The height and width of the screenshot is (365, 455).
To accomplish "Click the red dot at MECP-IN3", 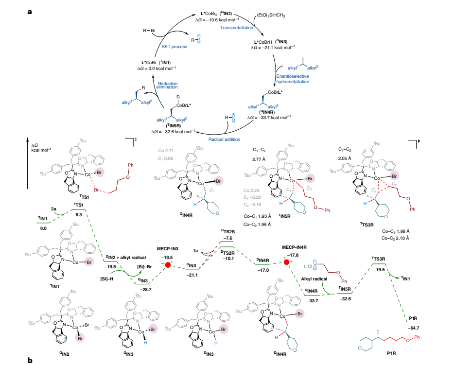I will pyautogui.click(x=168, y=265).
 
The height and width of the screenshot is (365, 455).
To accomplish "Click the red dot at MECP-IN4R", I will pyautogui.click(x=287, y=262).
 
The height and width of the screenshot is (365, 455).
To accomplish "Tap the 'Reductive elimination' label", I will pyautogui.click(x=168, y=86).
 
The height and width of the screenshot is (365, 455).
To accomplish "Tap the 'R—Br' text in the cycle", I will pyautogui.click(x=149, y=31).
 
